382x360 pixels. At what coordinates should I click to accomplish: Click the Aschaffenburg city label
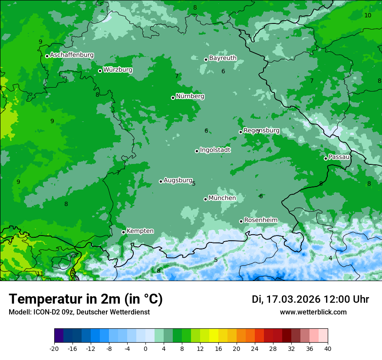(72, 55)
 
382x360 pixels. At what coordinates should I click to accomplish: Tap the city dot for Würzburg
(100, 71)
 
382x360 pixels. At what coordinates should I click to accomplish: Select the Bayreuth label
(223, 58)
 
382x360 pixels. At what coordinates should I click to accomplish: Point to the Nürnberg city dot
(173, 98)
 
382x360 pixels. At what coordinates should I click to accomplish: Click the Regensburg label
(261, 131)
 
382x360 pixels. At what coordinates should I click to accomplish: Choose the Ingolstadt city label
(215, 150)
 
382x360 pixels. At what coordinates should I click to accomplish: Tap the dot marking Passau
(326, 158)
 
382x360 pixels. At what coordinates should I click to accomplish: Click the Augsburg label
(178, 180)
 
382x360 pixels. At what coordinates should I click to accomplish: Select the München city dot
(205, 199)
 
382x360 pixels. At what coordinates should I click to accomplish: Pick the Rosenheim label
(260, 220)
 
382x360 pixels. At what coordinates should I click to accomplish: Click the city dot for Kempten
(123, 232)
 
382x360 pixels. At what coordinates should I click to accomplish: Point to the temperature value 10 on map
(368, 15)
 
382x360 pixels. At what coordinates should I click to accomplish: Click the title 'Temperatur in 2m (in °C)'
(86, 299)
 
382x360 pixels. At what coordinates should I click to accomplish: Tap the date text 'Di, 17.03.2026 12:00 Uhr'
(310, 299)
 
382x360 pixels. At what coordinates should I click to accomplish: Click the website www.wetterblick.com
(313, 312)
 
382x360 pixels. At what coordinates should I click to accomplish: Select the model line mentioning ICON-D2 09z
(79, 312)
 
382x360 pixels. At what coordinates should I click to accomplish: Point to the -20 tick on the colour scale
(54, 349)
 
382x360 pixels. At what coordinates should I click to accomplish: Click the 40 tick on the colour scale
(327, 349)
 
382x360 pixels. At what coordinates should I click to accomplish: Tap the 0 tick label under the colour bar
(145, 349)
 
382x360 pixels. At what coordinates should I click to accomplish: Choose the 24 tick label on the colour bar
(255, 349)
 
